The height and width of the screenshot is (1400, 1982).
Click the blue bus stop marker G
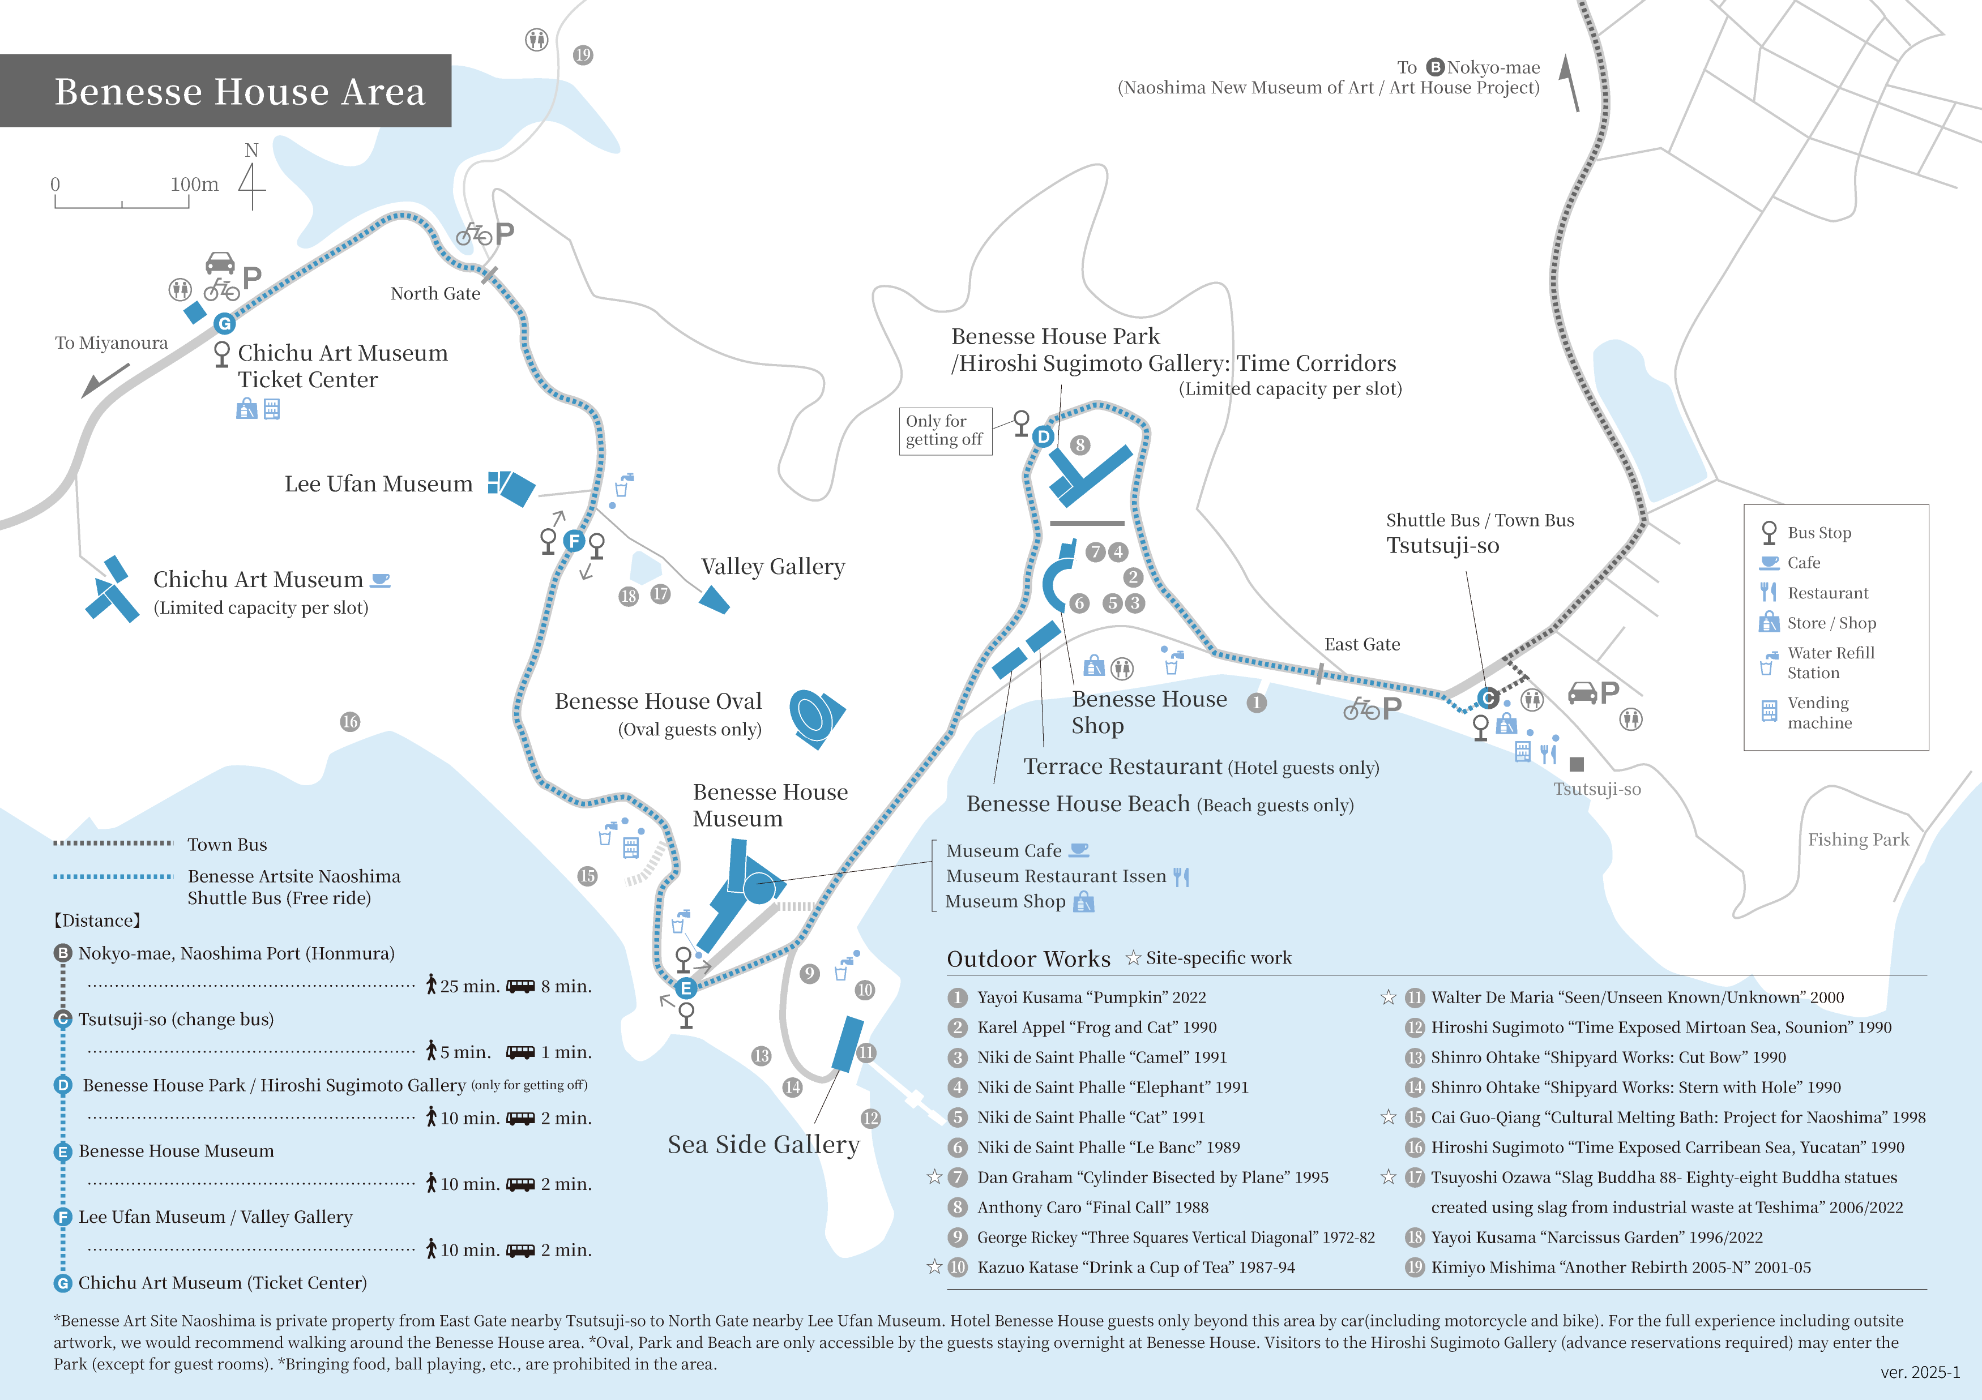click(x=224, y=324)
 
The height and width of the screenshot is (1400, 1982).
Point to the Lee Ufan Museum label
click(x=378, y=484)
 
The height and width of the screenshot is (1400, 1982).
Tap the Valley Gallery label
click(x=772, y=567)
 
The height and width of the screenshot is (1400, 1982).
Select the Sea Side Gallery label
click(x=763, y=1145)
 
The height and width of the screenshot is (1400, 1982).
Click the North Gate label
click(x=435, y=293)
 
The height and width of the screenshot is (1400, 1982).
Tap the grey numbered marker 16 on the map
click(x=349, y=722)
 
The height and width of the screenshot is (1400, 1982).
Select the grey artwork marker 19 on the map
click(x=583, y=55)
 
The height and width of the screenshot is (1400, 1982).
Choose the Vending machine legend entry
click(x=1819, y=712)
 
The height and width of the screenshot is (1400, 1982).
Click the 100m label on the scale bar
click(x=194, y=184)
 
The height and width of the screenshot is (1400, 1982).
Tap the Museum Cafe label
click(x=1004, y=850)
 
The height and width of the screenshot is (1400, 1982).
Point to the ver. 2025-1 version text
click(x=1920, y=1372)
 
